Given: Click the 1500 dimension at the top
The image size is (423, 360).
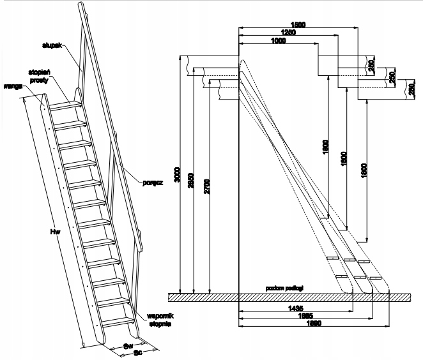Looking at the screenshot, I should [298, 24].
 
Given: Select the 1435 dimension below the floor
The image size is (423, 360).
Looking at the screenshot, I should [294, 308].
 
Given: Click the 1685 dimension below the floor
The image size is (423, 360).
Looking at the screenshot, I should [304, 315].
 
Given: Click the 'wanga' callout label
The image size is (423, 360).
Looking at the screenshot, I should [12, 84].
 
